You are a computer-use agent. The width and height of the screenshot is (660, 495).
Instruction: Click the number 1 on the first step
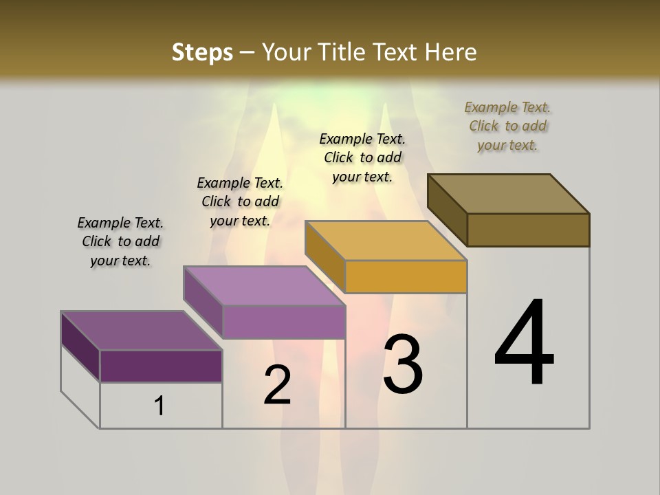pos(159,406)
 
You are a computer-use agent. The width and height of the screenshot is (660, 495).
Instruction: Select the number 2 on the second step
pos(277,384)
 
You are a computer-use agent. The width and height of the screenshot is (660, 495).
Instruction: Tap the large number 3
pos(403,364)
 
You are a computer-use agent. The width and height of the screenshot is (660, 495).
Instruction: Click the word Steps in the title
pos(202,52)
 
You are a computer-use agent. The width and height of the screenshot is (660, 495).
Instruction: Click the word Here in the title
pos(452,52)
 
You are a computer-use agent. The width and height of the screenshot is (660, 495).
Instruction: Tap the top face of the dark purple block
pos(142,330)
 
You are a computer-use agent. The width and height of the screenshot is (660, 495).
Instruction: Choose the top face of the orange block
pos(386,241)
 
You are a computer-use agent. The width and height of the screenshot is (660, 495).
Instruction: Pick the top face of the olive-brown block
pos(509,193)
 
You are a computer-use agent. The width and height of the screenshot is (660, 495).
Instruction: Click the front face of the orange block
pos(406,277)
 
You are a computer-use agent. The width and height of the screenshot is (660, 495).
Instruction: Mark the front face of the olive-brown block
pos(528,230)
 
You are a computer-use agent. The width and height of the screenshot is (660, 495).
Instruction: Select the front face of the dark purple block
pos(161,366)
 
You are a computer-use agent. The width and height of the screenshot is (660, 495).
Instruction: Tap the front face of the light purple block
pos(283,322)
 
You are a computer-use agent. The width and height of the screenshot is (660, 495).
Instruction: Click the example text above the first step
pos(120,241)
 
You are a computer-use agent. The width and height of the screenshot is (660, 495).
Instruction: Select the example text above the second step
pos(240,201)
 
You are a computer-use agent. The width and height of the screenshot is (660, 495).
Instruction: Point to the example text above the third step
pos(362,157)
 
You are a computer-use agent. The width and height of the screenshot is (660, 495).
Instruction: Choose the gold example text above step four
pos(508,126)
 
